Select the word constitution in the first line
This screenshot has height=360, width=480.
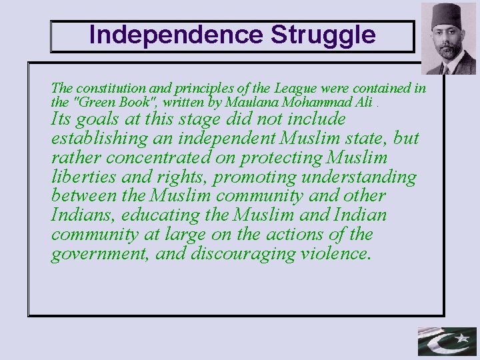pos(107,88)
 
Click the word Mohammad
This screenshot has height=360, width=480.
pos(315,103)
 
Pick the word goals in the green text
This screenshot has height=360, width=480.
pos(99,119)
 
